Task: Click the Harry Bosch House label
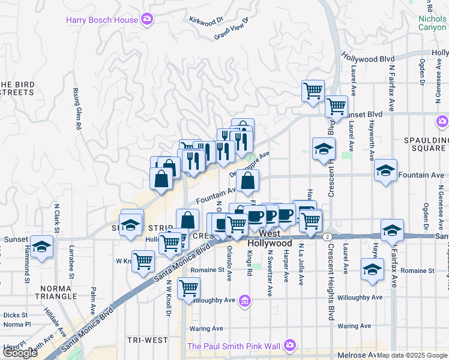101,20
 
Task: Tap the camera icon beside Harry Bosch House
147,20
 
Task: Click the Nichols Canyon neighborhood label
432,23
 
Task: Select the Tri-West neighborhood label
148,340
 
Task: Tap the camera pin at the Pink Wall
290,345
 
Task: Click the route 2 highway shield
326,237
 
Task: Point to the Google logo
20,353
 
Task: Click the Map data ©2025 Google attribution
412,355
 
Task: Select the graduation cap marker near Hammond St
41,247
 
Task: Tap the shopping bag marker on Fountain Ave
247,181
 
